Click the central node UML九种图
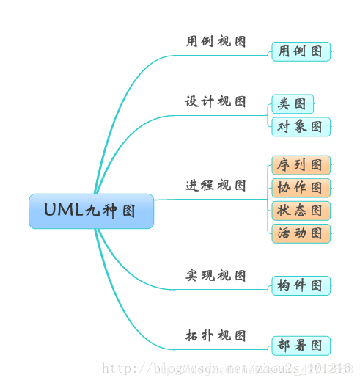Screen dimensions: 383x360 [x=92, y=211]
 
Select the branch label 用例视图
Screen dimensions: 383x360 [x=216, y=42]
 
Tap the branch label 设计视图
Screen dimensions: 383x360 [x=216, y=102]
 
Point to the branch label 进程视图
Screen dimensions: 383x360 [x=216, y=186]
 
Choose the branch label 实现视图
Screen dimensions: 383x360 [x=216, y=276]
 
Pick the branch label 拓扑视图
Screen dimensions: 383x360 [x=216, y=336]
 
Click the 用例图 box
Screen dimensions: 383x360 [x=301, y=51]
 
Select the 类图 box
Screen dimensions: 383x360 [x=293, y=104]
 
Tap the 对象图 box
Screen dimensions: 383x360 [x=301, y=127]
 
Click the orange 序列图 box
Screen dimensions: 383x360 [x=301, y=165]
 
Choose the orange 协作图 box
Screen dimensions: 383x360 [x=301, y=188]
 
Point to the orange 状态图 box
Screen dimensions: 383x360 [x=301, y=211]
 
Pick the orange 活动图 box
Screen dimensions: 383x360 [x=301, y=233]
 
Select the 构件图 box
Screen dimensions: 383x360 [x=301, y=285]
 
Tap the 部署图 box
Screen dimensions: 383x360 [x=301, y=346]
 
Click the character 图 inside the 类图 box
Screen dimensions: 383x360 [x=301, y=104]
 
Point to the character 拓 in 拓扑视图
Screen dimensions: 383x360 [x=192, y=336]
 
